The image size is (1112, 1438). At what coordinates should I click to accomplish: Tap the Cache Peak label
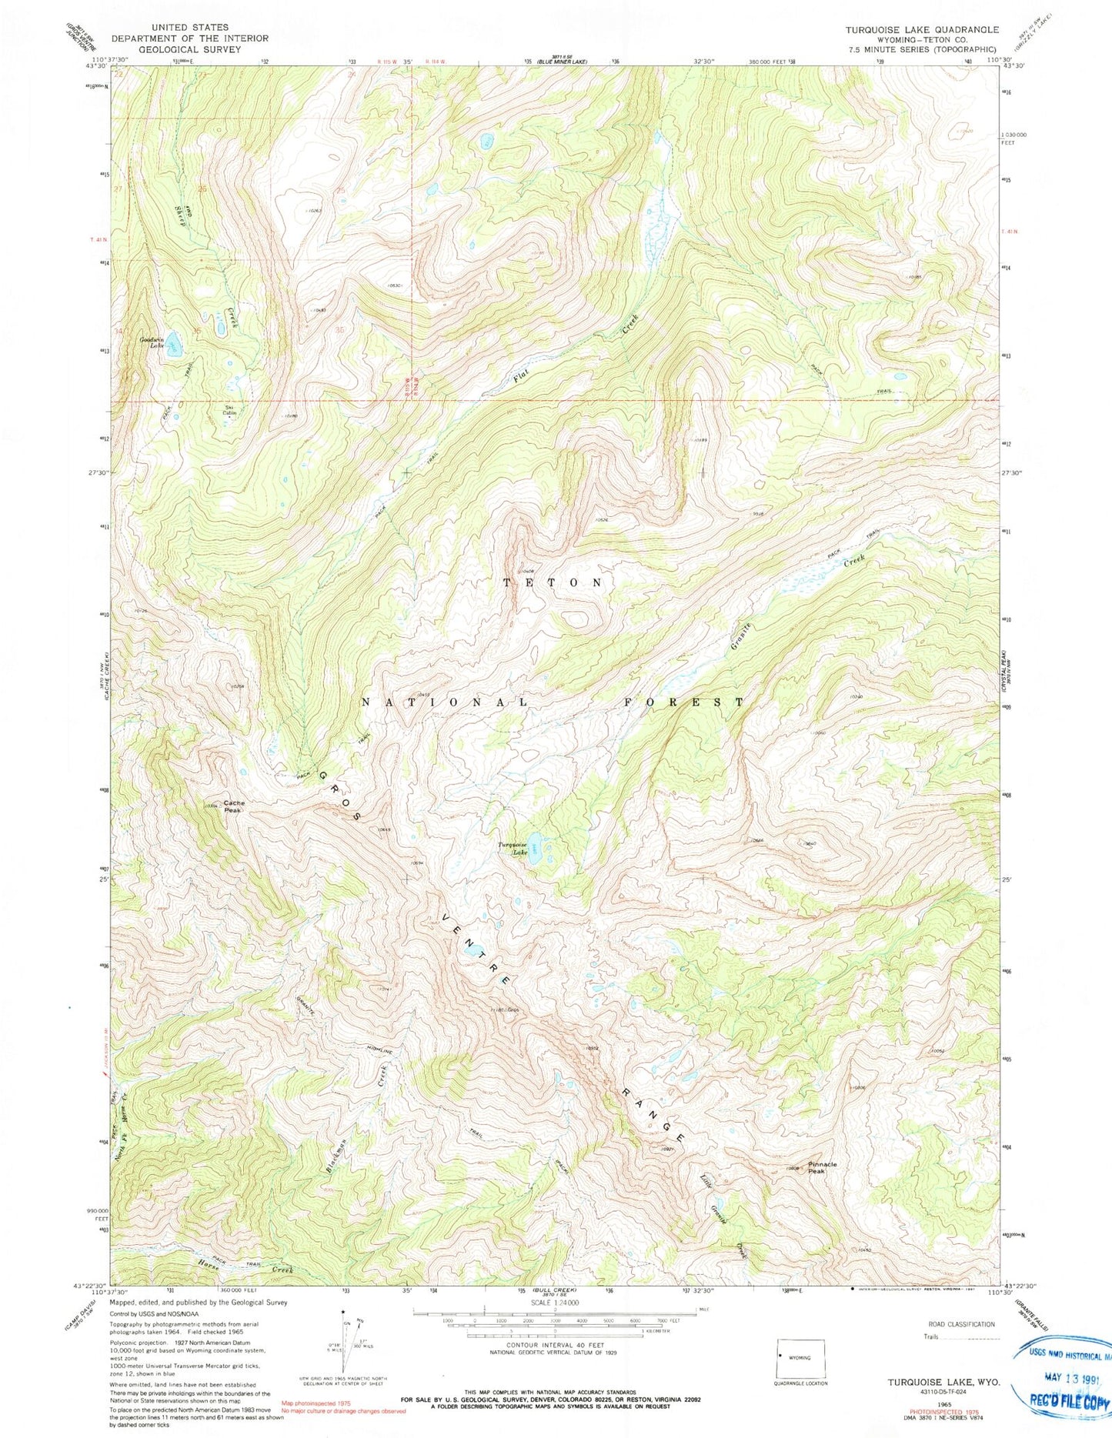click(234, 806)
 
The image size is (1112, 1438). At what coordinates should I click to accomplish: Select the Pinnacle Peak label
click(822, 1168)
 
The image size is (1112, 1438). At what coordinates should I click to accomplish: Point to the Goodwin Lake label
click(152, 342)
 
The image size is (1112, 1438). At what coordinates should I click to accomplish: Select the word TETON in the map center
click(553, 583)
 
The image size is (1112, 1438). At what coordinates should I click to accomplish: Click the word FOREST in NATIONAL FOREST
click(683, 702)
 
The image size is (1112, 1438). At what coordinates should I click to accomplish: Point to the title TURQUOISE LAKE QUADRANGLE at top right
click(922, 29)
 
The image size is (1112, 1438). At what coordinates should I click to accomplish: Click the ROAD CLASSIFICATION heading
click(960, 1324)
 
